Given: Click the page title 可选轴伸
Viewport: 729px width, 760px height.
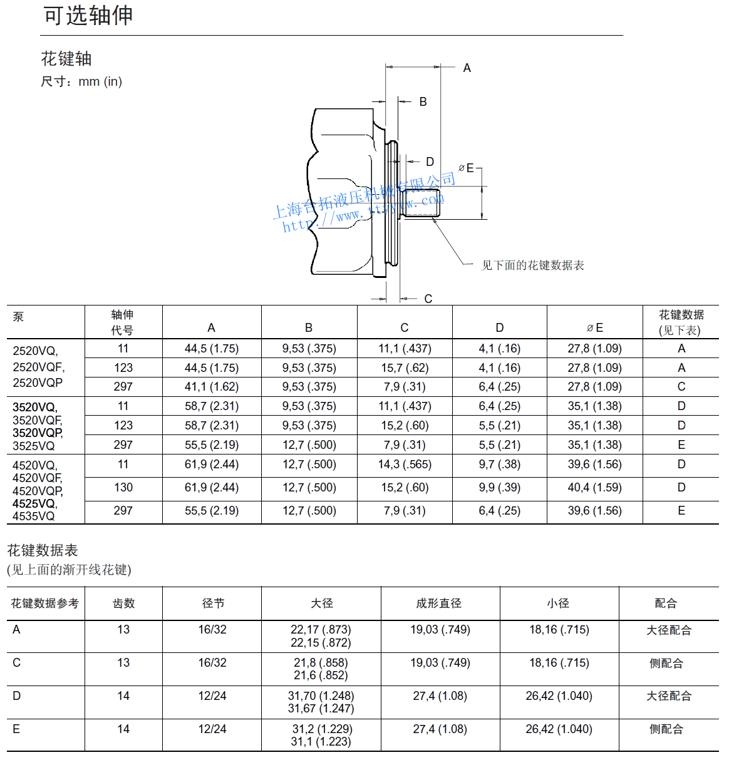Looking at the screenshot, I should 88,16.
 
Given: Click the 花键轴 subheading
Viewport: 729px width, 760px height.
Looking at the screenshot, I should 66,59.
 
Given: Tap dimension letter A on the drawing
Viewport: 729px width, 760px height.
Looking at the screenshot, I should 467,68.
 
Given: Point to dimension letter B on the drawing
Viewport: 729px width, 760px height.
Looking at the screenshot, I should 423,101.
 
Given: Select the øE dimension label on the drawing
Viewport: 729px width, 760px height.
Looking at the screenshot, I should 467,168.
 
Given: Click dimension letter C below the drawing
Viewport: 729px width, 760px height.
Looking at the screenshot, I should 428,299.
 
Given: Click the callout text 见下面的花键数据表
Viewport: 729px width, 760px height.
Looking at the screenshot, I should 532,265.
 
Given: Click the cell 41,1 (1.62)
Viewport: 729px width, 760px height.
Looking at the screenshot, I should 212,387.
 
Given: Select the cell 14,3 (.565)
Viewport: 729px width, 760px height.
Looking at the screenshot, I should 405,465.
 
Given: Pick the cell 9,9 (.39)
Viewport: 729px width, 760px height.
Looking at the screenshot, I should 499,488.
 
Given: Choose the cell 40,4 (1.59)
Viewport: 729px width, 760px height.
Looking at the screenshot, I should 594,488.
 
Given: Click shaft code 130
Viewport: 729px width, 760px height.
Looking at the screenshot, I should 123,488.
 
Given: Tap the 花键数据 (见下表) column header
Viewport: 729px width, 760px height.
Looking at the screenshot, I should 681,322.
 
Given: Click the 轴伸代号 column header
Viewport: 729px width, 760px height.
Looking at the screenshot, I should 123,322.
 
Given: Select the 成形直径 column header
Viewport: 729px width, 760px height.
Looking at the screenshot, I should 439,603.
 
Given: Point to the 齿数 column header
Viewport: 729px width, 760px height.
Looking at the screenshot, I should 123,603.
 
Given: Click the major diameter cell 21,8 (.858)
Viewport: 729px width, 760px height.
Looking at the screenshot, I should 321,663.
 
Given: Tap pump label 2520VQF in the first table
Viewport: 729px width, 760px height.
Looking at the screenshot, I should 38,367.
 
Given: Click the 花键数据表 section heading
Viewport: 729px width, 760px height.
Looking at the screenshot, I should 43,550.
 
